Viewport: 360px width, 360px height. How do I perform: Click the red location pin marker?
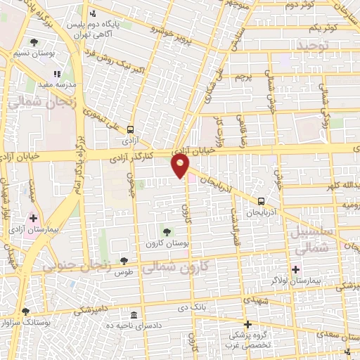pos(181,166)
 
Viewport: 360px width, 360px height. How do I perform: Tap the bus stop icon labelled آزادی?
pos(130,129)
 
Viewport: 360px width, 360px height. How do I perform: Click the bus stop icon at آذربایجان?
pos(262,200)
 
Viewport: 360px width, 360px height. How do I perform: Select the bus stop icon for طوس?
pos(124,260)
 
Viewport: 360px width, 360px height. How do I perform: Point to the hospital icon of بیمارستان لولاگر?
pos(295,269)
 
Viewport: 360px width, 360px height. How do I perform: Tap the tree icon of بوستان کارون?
pos(167,232)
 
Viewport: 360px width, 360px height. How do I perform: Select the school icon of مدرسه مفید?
pos(57,73)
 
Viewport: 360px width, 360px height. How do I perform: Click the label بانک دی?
pos(191,308)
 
